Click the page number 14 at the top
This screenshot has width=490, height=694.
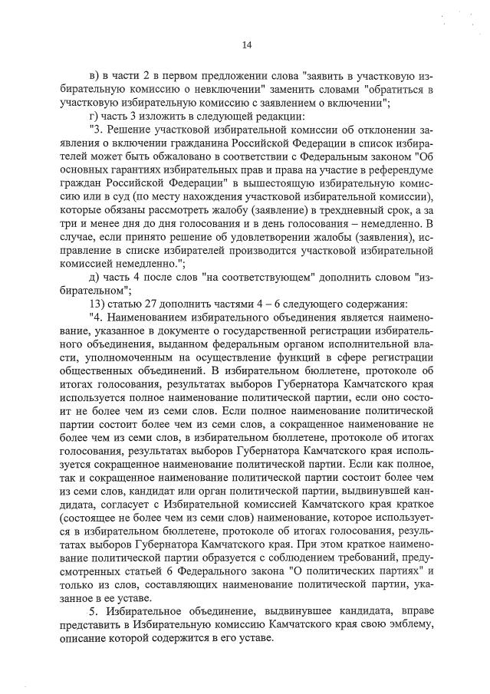[247, 44]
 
